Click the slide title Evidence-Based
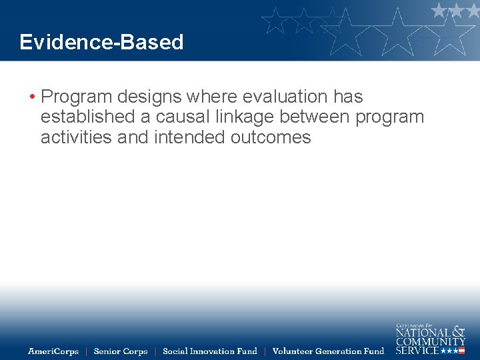pos(101,42)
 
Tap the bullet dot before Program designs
pos(32,97)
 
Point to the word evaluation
pos(285,97)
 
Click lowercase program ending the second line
pos(390,118)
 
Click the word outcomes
pos(271,137)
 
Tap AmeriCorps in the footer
pos(53,351)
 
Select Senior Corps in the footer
pos(121,351)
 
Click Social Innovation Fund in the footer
pos(209,351)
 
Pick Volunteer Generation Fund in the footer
pos(328,351)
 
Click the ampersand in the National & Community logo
pos(459,331)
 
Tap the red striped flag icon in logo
pos(461,351)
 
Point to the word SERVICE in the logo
pos(417,351)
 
